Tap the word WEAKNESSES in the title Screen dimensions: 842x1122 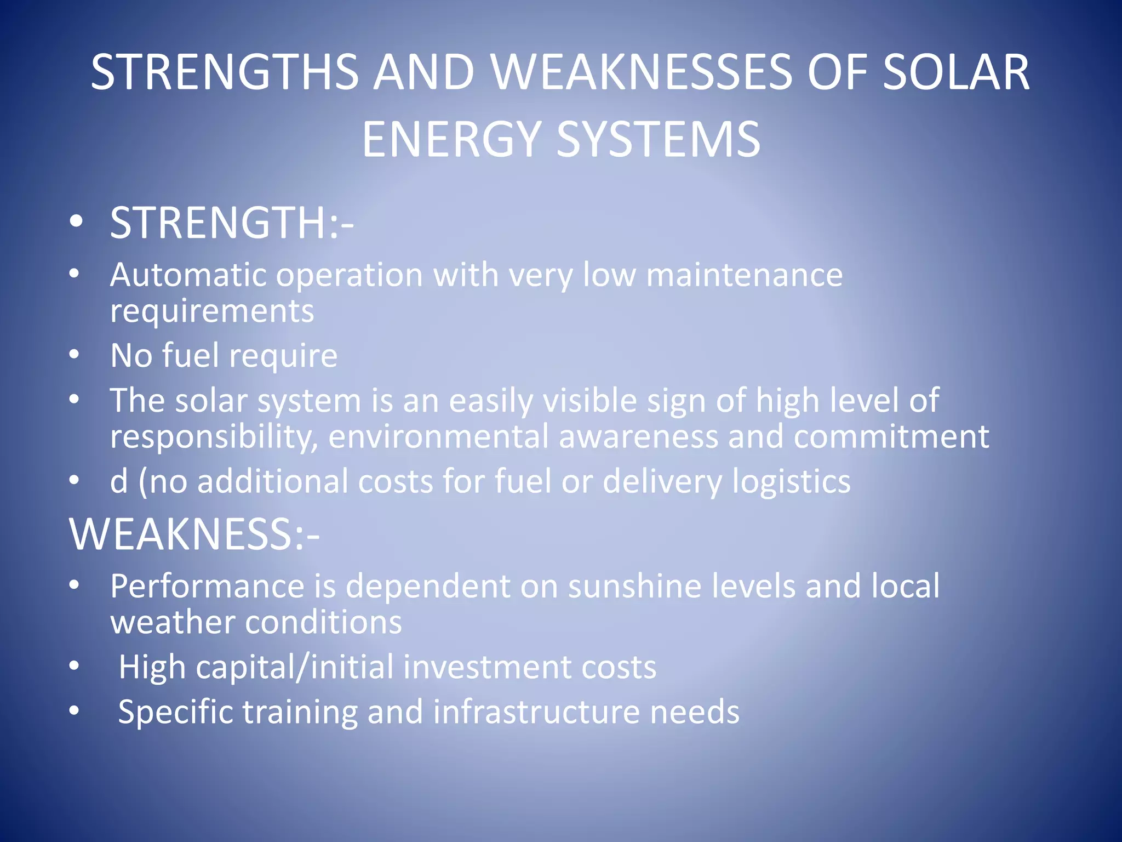[642, 72]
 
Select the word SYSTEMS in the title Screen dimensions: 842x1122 [659, 140]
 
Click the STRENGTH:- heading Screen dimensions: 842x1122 [232, 223]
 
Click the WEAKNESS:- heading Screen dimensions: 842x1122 [194, 534]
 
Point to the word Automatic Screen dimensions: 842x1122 [188, 275]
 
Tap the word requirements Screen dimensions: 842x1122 [212, 312]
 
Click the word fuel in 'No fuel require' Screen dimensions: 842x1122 [191, 355]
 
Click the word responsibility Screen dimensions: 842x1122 [214, 437]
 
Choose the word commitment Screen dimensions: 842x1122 [891, 437]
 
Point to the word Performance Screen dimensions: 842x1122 [207, 586]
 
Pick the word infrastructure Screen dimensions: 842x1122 [536, 712]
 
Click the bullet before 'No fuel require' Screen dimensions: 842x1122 [75, 355]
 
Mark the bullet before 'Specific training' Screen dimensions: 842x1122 [75, 712]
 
